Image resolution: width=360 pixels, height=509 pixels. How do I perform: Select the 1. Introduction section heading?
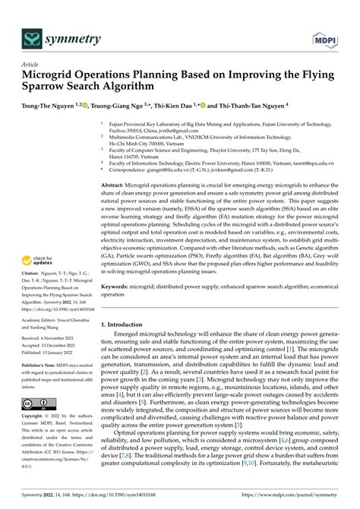point(127,324)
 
